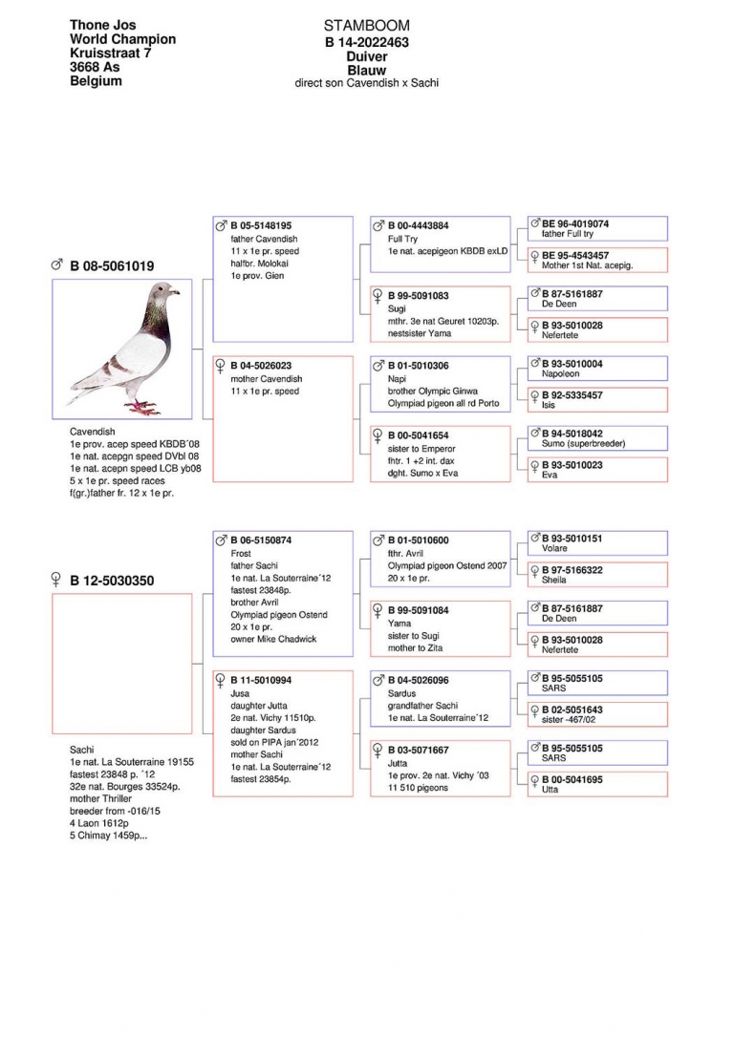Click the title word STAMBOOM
pyautogui.click(x=367, y=26)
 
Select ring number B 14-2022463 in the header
pyautogui.click(x=367, y=42)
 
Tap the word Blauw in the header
pyautogui.click(x=367, y=70)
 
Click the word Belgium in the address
pyautogui.click(x=96, y=81)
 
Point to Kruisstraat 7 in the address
pyautogui.click(x=111, y=53)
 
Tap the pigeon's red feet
pyautogui.click(x=141, y=408)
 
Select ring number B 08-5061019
pyautogui.click(x=112, y=265)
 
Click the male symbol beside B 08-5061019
pyautogui.click(x=57, y=265)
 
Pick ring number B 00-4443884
pyautogui.click(x=418, y=226)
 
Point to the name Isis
pyautogui.click(x=549, y=405)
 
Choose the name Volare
pyautogui.click(x=554, y=549)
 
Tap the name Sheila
pyautogui.click(x=553, y=580)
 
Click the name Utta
pyautogui.click(x=550, y=790)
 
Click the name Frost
pyautogui.click(x=241, y=553)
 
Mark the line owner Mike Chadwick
pyautogui.click(x=274, y=639)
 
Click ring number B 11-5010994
pyautogui.click(x=261, y=680)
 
